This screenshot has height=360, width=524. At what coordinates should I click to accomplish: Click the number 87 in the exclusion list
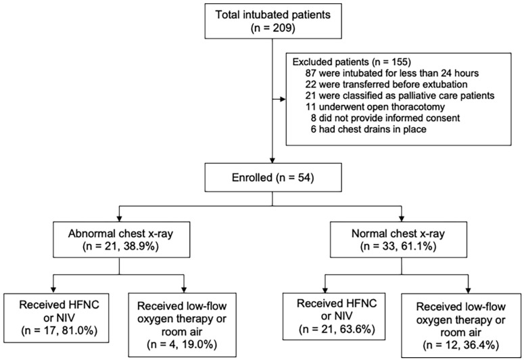click(x=311, y=73)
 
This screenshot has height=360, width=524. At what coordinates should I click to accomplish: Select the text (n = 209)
click(x=273, y=28)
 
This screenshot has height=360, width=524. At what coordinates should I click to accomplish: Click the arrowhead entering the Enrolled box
click(x=272, y=160)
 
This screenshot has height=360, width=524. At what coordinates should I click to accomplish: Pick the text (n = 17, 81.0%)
click(x=59, y=330)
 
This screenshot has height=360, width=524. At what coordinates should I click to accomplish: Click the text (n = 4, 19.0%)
click(x=182, y=344)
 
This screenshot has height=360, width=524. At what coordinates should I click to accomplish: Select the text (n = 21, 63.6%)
click(x=337, y=330)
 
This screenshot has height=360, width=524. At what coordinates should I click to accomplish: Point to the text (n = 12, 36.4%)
click(x=461, y=345)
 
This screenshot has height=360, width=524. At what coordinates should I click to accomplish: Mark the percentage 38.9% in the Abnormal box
click(x=141, y=247)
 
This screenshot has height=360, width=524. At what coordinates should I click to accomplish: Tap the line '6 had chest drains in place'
click(x=368, y=129)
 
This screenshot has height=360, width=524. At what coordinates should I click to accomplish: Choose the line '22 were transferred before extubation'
click(x=386, y=85)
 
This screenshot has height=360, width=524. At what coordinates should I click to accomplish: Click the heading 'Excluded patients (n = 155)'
click(x=352, y=62)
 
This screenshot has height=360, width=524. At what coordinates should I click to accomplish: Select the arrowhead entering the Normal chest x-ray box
click(x=402, y=219)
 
